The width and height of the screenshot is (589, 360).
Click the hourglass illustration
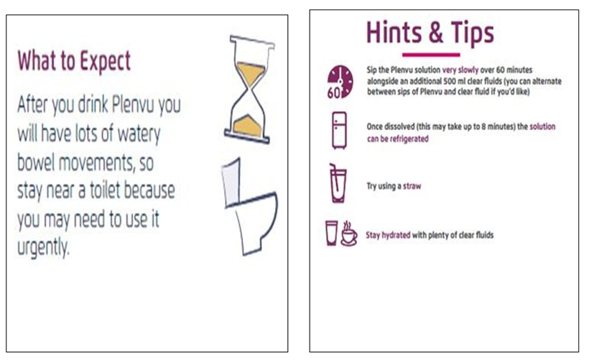coord(249,89)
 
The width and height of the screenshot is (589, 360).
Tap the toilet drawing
coord(249,207)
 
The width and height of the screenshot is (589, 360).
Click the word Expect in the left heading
coord(105,61)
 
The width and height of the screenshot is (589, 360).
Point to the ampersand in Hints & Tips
coord(436,32)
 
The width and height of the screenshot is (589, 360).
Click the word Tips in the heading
coord(473,34)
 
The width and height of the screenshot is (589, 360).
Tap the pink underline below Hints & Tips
coord(431,55)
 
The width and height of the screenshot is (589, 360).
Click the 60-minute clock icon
coord(340,82)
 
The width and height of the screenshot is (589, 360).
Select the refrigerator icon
coord(339,130)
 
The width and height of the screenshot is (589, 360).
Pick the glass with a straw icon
coord(338,183)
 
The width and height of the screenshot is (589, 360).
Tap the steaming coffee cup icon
coord(349,234)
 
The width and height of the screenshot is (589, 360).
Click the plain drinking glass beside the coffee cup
coord(332,233)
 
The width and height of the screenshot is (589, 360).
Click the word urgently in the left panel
coord(44,248)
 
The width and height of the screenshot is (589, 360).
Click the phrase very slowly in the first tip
coord(460,70)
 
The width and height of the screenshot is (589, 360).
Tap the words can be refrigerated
coord(397,139)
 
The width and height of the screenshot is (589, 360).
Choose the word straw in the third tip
coord(412,186)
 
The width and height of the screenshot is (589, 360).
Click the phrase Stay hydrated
coord(388,235)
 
